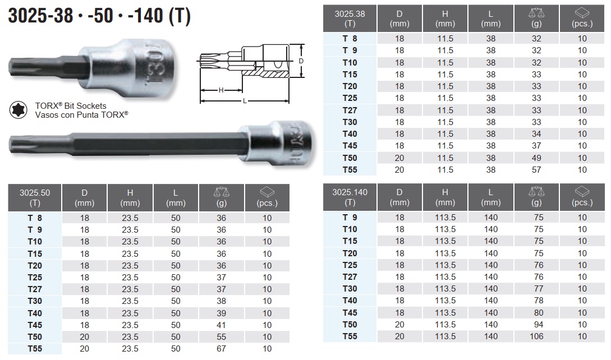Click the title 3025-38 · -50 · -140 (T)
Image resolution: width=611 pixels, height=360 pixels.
point(99,16)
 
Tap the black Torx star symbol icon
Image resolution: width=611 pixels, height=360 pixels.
point(18,110)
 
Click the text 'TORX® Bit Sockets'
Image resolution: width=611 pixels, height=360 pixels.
point(71,105)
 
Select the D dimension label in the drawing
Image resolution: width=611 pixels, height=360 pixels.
point(301,61)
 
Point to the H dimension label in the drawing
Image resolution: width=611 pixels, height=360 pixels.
point(221,90)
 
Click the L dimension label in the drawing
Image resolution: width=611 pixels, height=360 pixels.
point(245,101)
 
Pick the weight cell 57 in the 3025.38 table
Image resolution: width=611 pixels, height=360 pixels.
point(536,170)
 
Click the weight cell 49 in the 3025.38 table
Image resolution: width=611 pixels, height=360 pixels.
point(536,158)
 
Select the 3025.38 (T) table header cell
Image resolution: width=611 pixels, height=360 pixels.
point(350,19)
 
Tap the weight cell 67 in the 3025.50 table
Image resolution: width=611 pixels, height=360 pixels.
point(221,349)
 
